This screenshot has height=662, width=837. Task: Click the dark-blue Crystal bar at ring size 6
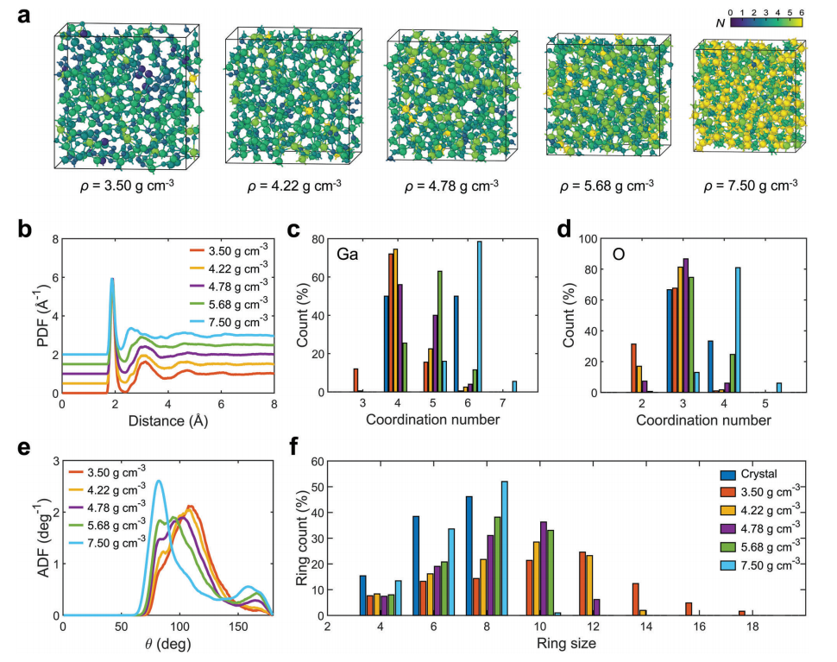click(x=415, y=565)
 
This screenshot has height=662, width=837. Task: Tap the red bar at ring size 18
click(x=741, y=613)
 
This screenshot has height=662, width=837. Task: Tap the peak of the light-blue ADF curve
click(x=159, y=482)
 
